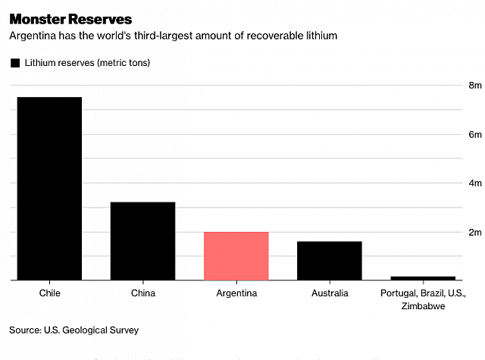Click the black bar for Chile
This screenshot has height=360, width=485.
click(x=49, y=189)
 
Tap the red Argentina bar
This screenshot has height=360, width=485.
click(x=236, y=255)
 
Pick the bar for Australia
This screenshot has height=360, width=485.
click(x=330, y=261)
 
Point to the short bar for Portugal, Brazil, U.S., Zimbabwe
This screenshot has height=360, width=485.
click(x=423, y=278)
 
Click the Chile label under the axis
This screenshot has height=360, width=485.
click(x=49, y=293)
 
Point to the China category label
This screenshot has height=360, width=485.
click(x=143, y=293)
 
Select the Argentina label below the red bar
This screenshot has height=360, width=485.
click(x=236, y=293)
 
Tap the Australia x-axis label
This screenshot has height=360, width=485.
click(x=330, y=293)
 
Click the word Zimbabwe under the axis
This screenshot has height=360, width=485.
click(x=423, y=306)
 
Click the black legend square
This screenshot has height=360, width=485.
click(x=14, y=63)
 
